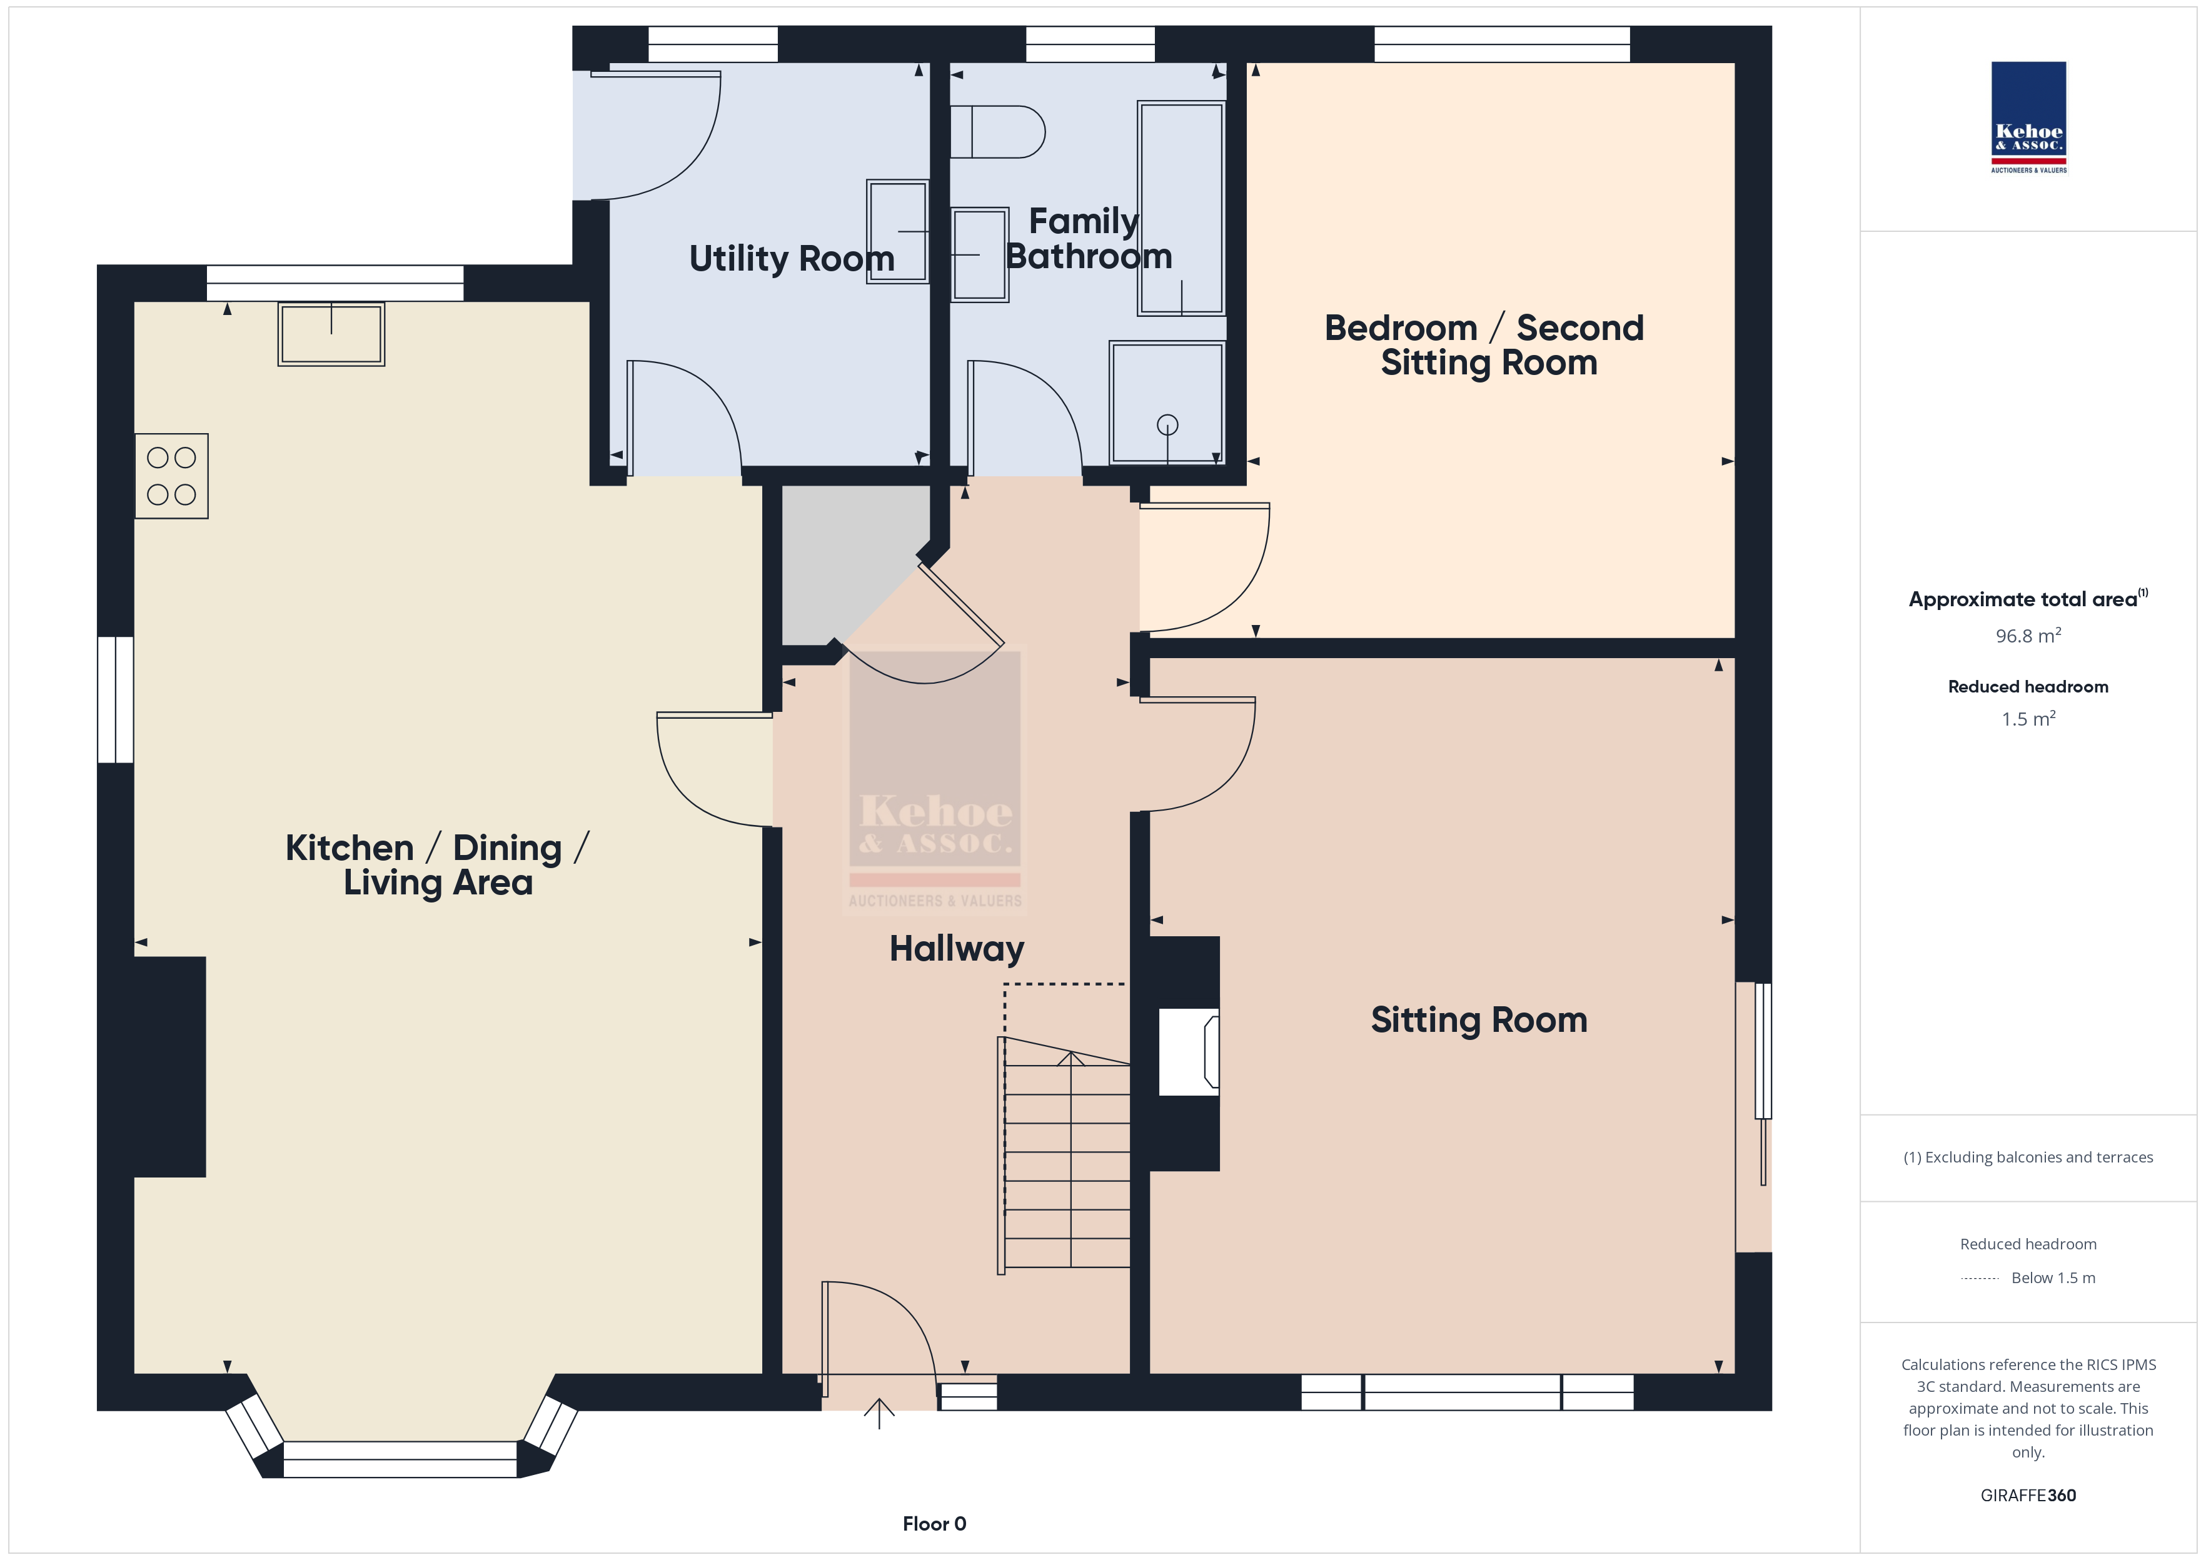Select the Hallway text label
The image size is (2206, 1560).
click(x=957, y=949)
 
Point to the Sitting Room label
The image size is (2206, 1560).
click(x=1479, y=1020)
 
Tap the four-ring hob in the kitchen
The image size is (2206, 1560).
click(x=171, y=476)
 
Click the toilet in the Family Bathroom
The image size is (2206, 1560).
click(x=997, y=132)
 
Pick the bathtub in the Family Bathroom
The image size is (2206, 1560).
click(x=1181, y=209)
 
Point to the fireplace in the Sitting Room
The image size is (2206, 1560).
click(x=1189, y=1052)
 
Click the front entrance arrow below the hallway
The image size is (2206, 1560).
click(x=879, y=1413)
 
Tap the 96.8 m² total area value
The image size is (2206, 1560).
click(x=2028, y=636)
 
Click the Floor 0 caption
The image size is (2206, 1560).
click(x=934, y=1524)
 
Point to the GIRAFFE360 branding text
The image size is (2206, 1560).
click(x=2028, y=1496)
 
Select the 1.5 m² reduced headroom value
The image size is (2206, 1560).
click(x=2028, y=719)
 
